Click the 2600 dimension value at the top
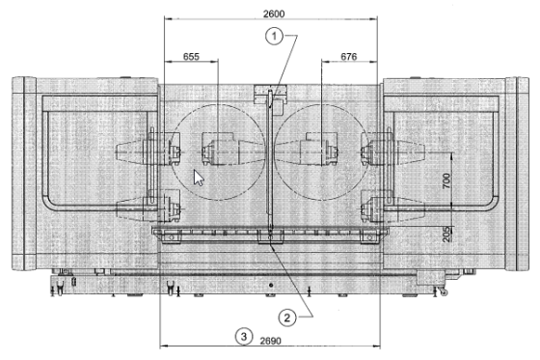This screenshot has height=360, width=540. (x=274, y=14)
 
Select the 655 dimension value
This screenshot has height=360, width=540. (x=191, y=57)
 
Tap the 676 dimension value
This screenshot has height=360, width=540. (x=348, y=57)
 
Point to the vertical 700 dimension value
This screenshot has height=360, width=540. (x=445, y=180)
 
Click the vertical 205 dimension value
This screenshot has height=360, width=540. (x=445, y=235)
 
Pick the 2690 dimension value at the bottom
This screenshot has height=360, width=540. (x=270, y=341)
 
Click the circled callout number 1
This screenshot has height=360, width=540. (x=274, y=37)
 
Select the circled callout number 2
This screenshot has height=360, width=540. (x=287, y=318)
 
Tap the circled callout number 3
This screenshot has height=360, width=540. (x=244, y=336)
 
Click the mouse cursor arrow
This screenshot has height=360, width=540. (x=198, y=178)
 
